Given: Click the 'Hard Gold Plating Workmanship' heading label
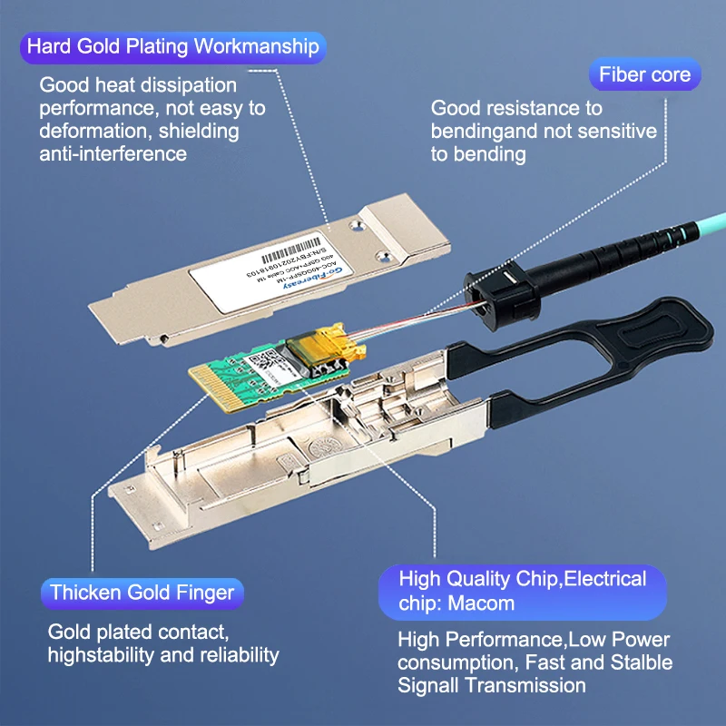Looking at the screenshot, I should [172, 46].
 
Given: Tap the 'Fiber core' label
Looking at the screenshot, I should [644, 74].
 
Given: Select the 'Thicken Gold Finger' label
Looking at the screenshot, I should [142, 594].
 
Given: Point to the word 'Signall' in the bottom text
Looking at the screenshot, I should [430, 685].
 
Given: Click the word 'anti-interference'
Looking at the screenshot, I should [113, 153].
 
